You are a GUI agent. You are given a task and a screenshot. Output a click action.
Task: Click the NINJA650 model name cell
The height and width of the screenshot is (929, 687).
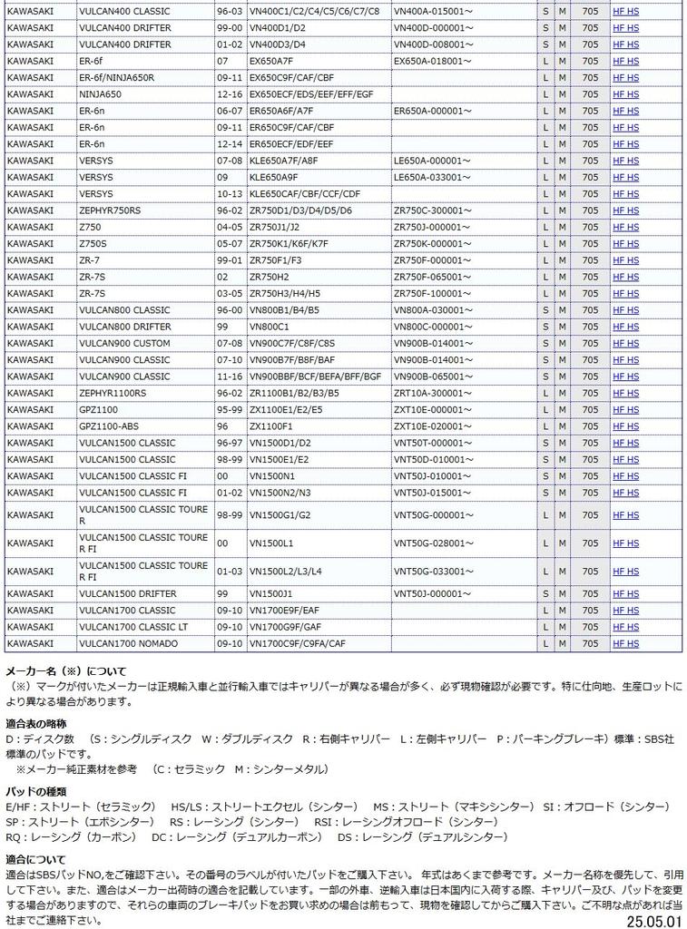coord(101,94)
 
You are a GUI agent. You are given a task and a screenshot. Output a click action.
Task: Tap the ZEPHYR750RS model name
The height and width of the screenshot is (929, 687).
coord(110,210)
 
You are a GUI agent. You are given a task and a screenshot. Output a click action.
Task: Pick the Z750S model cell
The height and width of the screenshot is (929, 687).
coord(93,244)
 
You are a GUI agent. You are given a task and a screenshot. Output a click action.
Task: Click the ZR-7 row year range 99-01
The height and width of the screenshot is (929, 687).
coord(229,260)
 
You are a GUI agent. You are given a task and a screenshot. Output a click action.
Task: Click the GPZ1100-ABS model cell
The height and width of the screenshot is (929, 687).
coord(109,426)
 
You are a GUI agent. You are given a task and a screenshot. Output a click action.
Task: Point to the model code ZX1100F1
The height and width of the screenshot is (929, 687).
coord(271,426)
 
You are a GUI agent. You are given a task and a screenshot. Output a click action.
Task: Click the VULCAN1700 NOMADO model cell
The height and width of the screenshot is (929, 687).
coord(128,643)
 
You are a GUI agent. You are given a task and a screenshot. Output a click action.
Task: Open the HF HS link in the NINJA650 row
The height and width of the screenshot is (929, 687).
coord(625,94)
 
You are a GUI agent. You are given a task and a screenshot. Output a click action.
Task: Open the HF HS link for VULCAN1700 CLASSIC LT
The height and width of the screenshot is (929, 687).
coord(625,627)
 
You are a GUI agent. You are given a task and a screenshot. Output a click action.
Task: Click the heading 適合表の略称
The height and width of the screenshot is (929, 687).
coord(35,723)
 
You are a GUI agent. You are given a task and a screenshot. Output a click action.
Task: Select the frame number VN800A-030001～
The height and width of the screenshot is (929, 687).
coord(434,310)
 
